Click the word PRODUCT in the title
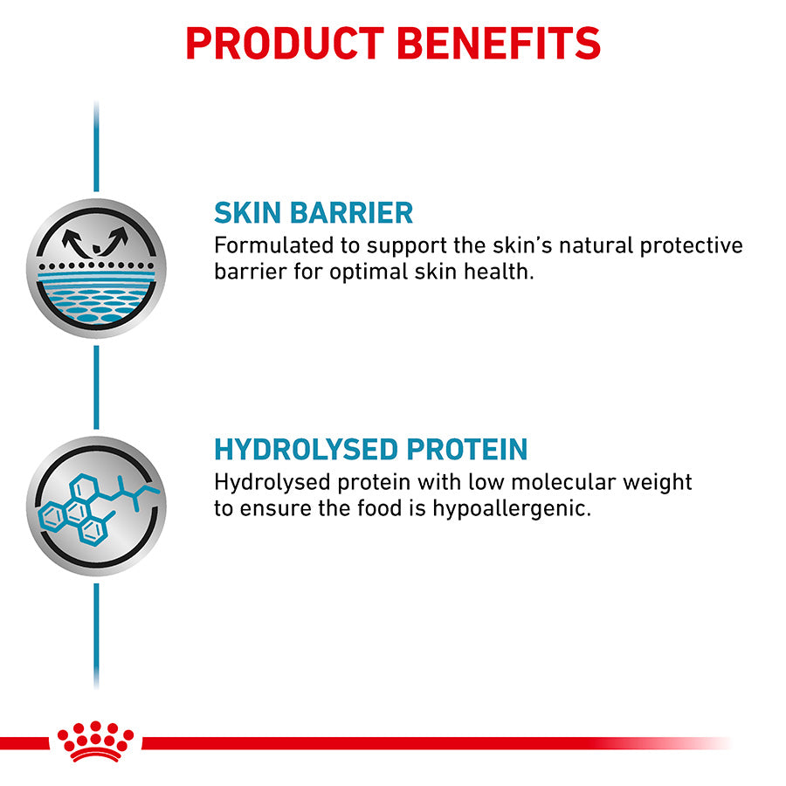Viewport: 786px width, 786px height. (x=285, y=44)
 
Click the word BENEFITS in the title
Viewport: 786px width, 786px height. (x=499, y=44)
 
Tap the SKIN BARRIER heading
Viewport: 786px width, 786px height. (x=314, y=212)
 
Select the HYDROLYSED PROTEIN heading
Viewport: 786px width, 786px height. (x=370, y=449)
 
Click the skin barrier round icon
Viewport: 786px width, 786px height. (x=96, y=268)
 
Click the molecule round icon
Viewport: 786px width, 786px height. (x=96, y=506)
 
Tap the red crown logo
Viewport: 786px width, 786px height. (x=95, y=741)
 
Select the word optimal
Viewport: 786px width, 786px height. (x=369, y=272)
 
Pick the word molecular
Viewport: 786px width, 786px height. (x=562, y=482)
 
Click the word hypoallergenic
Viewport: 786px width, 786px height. (x=512, y=509)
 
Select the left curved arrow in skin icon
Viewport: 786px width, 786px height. (x=74, y=243)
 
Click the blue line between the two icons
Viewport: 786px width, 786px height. (x=96, y=387)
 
